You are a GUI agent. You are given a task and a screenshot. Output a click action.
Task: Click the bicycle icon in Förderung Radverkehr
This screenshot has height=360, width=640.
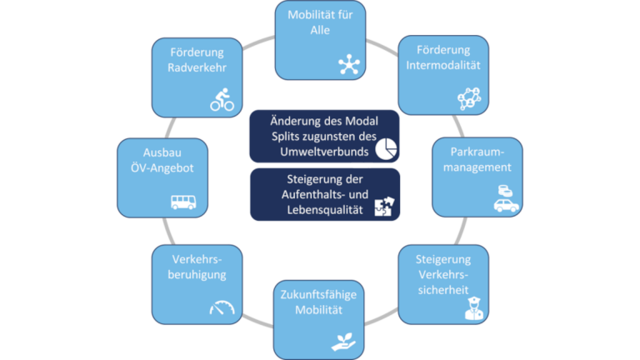tap(222, 102)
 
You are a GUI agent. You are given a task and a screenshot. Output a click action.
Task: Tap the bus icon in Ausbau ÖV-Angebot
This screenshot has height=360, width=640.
tap(184, 201)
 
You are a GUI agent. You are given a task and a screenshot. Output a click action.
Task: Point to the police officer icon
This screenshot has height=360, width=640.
tap(472, 309)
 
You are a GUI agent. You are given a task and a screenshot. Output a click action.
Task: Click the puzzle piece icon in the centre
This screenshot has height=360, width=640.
tap(384, 207)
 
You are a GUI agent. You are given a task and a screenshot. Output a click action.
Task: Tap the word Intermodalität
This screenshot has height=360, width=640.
tap(437, 66)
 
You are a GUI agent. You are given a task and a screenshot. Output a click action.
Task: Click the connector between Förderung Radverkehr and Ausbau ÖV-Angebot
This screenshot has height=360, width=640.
tap(170, 127)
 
